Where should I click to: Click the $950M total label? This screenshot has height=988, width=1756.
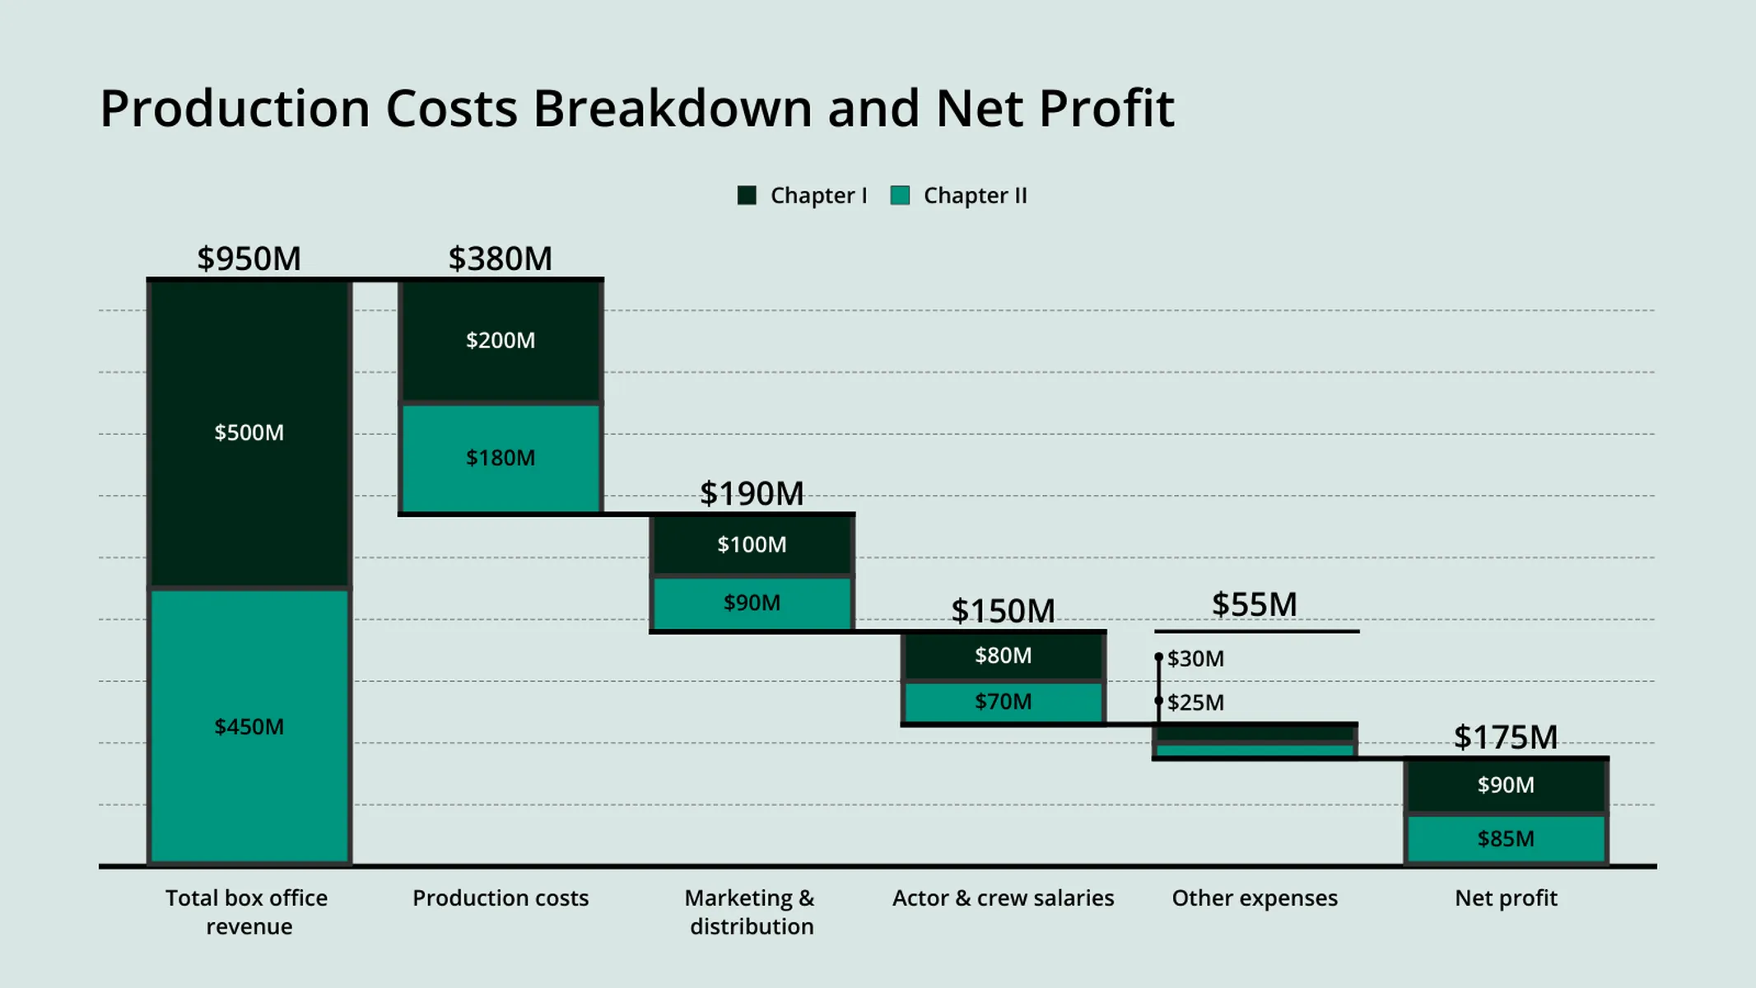pos(249,259)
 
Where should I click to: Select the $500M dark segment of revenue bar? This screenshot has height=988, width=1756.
pos(249,433)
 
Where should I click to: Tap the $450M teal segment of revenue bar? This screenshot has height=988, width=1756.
pos(249,726)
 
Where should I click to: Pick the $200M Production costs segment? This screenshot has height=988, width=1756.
pos(501,341)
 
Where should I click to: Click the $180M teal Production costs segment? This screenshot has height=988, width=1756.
pos(501,458)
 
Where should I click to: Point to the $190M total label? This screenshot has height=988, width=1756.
pos(751,494)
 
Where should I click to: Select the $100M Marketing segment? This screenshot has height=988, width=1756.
pos(751,544)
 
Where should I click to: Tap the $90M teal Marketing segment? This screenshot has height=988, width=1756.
pos(751,603)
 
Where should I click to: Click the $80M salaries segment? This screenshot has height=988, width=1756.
pos(1003,655)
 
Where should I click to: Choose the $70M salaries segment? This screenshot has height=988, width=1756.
pos(1003,701)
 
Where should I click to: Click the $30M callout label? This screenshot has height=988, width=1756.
pos(1195,659)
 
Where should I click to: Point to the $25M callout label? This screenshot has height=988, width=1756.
pos(1195,702)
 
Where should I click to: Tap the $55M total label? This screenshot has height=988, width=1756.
pos(1254,604)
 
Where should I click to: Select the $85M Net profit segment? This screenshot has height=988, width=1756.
pos(1505,838)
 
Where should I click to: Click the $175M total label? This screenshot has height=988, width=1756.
pos(1505,738)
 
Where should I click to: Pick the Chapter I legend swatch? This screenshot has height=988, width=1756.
pos(747,196)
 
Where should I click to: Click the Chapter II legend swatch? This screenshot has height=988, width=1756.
pos(900,196)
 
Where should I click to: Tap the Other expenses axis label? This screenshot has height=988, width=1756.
pos(1254,898)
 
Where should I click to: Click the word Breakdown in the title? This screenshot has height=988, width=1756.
pos(672,109)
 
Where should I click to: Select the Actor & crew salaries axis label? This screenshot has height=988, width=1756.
pos(1003,898)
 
